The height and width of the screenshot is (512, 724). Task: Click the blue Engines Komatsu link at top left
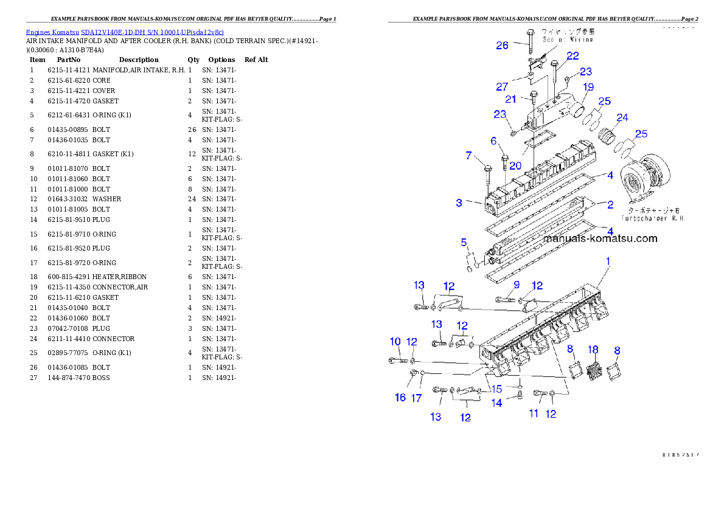(125, 32)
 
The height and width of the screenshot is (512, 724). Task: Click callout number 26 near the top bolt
(502, 45)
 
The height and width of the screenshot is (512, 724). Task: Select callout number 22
(573, 55)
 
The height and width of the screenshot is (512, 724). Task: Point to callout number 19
(588, 87)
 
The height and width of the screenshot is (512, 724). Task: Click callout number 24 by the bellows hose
(622, 117)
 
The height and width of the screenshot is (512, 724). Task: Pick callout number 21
(511, 99)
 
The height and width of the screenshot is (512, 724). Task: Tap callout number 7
(468, 156)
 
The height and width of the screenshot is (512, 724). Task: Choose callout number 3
(459, 202)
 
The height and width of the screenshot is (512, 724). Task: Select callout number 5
(464, 243)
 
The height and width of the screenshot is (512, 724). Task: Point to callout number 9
(516, 284)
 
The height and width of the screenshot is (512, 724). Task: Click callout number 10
(395, 341)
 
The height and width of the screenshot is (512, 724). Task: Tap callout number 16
(400, 397)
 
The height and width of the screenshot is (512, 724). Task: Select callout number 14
(497, 403)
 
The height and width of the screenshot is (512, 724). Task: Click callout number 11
(534, 413)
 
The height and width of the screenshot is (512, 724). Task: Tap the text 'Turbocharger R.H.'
(653, 218)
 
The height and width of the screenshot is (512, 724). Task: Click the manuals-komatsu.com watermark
(600, 238)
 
